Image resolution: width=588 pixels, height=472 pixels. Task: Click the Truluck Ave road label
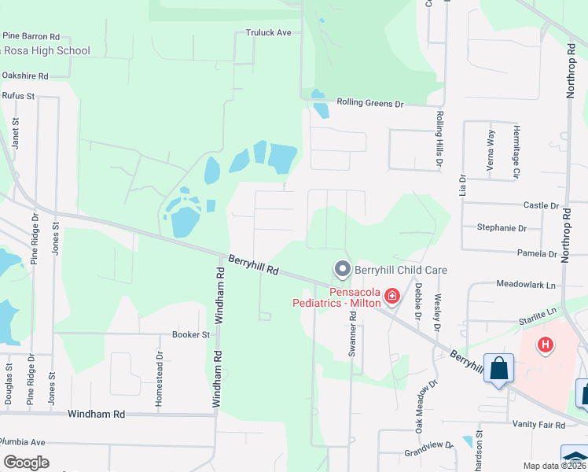268,33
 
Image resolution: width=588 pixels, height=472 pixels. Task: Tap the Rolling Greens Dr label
369,103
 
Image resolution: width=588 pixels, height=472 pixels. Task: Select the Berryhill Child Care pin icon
342,270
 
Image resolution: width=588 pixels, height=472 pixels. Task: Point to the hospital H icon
544,345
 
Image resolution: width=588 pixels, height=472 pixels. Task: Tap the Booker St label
191,334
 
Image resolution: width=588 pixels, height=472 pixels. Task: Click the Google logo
26,462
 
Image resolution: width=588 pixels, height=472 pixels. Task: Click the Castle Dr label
541,205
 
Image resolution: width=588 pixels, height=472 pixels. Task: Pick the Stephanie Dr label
502,228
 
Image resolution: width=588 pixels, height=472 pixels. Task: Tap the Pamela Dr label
537,253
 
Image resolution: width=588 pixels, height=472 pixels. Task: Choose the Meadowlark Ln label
526,283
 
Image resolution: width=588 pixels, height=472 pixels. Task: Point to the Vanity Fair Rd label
538,425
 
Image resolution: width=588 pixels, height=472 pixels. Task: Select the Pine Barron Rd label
31,36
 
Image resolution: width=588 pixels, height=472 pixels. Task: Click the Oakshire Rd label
25,76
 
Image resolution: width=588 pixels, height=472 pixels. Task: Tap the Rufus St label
19,96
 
